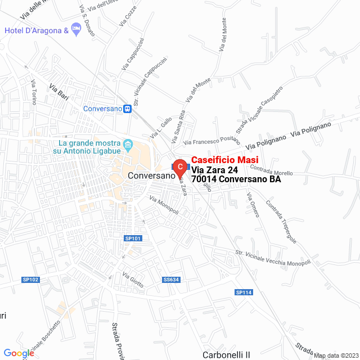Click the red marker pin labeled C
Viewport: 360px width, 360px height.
pyautogui.click(x=179, y=167)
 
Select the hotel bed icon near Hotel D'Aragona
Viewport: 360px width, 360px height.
pyautogui.click(x=78, y=30)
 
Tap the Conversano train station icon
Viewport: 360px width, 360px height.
pyautogui.click(x=128, y=109)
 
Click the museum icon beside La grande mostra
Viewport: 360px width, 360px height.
pyautogui.click(x=128, y=146)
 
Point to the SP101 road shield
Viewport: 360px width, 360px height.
pyautogui.click(x=133, y=238)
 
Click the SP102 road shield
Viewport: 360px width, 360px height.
pyautogui.click(x=30, y=280)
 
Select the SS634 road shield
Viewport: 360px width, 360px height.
pyautogui.click(x=170, y=280)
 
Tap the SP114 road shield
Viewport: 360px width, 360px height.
pyautogui.click(x=244, y=292)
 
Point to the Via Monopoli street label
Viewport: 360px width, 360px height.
pyautogui.click(x=164, y=205)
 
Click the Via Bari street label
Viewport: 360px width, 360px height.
pyautogui.click(x=59, y=92)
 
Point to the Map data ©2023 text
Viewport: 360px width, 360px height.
pyautogui.click(x=335, y=355)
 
